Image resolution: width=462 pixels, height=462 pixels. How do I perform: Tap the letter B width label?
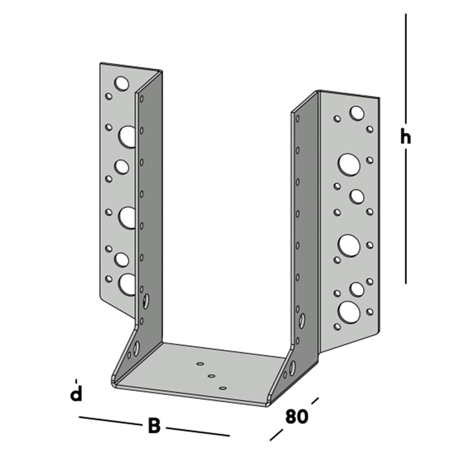click(154, 426)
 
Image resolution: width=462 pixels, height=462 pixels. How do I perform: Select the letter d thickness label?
click(76, 394)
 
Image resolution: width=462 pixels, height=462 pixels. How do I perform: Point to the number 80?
click(296, 417)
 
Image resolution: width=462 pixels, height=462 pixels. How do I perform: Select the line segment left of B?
click(110, 421)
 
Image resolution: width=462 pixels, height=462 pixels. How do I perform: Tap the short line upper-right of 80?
click(315, 400)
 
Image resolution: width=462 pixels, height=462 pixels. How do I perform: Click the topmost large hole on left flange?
click(121, 83)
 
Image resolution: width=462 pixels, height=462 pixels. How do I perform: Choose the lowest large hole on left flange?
click(127, 284)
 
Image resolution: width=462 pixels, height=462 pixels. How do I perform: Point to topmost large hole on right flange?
click(357, 113)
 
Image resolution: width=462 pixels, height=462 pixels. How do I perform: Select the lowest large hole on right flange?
click(348, 311)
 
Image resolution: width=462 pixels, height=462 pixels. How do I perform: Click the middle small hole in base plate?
click(211, 376)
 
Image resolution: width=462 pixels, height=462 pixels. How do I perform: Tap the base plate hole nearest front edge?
click(223, 388)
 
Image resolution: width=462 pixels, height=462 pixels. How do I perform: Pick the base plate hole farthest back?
click(200, 364)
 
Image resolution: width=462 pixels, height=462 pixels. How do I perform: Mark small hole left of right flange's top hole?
click(337, 118)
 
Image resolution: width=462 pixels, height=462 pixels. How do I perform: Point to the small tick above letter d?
click(76, 380)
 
